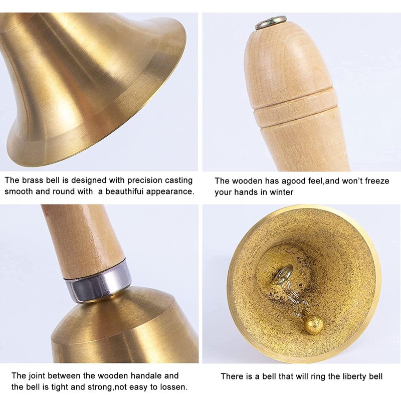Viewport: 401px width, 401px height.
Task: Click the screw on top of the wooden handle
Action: [271, 22]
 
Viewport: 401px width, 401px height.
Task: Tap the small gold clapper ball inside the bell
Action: [314, 324]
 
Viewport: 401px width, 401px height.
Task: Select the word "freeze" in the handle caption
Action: [377, 181]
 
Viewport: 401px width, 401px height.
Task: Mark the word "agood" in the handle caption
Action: [291, 181]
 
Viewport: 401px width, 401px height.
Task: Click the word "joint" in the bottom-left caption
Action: [36, 375]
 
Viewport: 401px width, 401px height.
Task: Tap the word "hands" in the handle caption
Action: [247, 192]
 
